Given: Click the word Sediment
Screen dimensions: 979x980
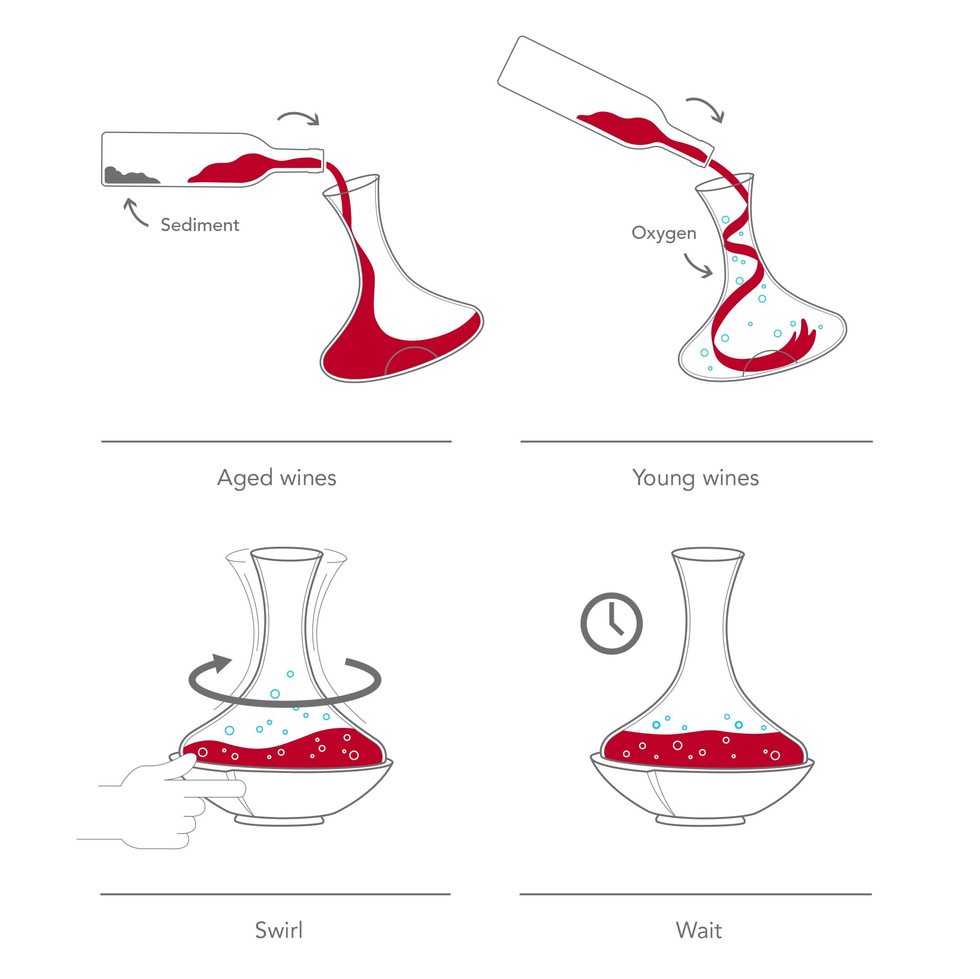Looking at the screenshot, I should click(x=200, y=225).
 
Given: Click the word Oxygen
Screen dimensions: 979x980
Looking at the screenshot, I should click(x=664, y=233).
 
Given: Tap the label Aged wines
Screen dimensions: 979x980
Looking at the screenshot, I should click(x=276, y=478).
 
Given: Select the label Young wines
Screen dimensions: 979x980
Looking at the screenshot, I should click(x=695, y=478).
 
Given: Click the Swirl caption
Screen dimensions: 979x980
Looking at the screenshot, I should click(x=279, y=931).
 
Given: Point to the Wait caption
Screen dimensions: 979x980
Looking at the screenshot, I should click(x=698, y=931).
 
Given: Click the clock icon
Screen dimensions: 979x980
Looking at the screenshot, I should click(x=611, y=623).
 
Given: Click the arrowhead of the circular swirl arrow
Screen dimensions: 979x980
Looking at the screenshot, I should click(x=221, y=662).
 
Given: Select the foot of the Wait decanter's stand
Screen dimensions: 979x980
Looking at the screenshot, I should click(x=700, y=820).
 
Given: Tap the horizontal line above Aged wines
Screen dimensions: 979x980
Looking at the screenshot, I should click(x=276, y=442).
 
